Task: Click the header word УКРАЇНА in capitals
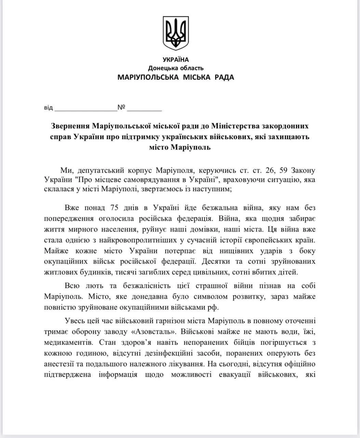tap(176, 60)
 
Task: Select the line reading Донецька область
tap(176, 68)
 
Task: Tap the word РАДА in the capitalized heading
tap(224, 77)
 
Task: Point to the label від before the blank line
tap(49, 108)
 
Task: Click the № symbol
tap(121, 107)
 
